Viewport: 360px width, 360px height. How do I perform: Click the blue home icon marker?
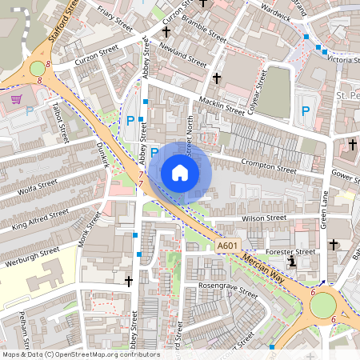180,172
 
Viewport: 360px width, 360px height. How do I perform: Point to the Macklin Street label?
222,108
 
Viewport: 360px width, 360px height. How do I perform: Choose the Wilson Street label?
264,218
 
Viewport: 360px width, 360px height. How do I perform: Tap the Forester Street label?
294,251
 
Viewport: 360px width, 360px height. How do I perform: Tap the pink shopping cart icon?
17,99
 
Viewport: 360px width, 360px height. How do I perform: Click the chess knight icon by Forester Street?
292,262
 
